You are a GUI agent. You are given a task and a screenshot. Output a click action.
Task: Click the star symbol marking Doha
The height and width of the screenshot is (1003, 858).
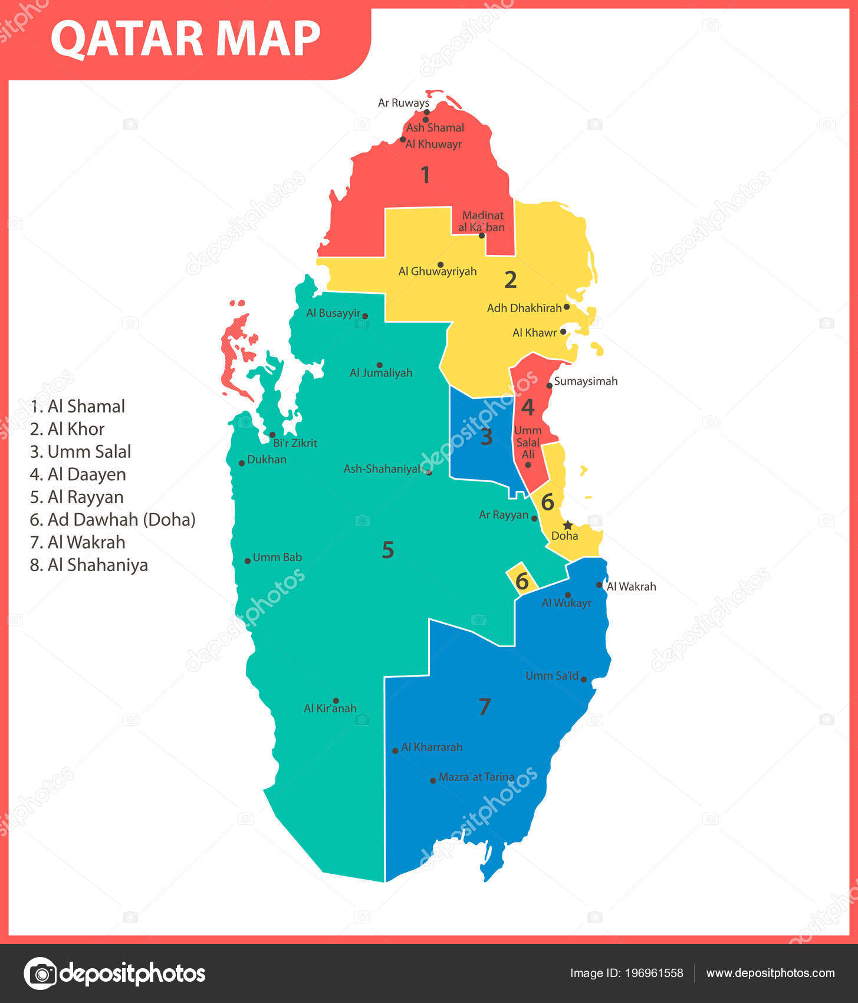pyautogui.click(x=567, y=525)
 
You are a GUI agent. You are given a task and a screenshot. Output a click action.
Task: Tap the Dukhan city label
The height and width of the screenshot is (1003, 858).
pyautogui.click(x=267, y=459)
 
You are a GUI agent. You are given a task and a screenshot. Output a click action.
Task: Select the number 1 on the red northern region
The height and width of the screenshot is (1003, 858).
pyautogui.click(x=425, y=175)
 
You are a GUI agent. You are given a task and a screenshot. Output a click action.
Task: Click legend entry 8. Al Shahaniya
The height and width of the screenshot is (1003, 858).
pyautogui.click(x=88, y=565)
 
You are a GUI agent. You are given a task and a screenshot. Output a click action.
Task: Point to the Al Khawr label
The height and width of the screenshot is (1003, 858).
pyautogui.click(x=534, y=333)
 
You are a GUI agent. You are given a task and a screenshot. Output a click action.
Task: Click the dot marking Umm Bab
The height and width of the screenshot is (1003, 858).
pyautogui.click(x=248, y=560)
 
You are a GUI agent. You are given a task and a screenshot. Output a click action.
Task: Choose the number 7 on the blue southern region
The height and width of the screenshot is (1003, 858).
pyautogui.click(x=484, y=706)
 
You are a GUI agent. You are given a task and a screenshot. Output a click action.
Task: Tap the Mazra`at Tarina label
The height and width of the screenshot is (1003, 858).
pyautogui.click(x=476, y=777)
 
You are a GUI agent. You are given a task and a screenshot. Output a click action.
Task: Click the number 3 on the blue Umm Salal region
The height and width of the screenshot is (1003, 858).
pyautogui.click(x=486, y=437)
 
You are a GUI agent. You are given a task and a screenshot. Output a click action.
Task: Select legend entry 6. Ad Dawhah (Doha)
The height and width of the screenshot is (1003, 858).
pyautogui.click(x=113, y=520)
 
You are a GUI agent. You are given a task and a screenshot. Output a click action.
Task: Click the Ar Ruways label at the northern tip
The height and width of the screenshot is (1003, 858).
pyautogui.click(x=403, y=103)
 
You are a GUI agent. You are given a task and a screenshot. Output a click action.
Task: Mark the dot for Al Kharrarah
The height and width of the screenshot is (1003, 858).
pyautogui.click(x=395, y=750)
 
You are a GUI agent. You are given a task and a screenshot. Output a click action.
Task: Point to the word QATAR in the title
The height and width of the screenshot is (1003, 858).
pyautogui.click(x=129, y=39)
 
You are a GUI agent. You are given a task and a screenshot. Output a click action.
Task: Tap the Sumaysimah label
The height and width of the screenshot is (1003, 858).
pyautogui.click(x=586, y=381)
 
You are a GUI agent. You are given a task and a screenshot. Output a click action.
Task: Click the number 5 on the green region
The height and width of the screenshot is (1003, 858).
pyautogui.click(x=387, y=550)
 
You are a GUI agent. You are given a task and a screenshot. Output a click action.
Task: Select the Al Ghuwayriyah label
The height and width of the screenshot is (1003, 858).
pyautogui.click(x=438, y=271)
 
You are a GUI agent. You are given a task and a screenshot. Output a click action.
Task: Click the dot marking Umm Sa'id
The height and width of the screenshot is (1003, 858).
pyautogui.click(x=584, y=679)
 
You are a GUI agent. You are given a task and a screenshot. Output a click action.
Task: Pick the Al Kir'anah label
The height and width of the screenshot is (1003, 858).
pyautogui.click(x=330, y=708)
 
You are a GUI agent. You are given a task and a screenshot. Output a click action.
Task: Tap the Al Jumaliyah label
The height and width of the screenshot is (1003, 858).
pyautogui.click(x=381, y=373)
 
